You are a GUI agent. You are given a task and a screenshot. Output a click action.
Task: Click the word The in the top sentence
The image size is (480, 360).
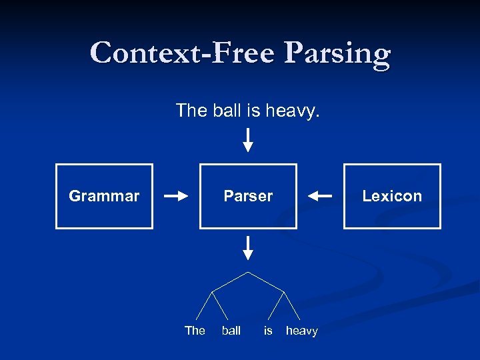click(x=191, y=110)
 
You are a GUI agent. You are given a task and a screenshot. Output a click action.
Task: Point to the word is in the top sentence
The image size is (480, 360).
click(x=253, y=110)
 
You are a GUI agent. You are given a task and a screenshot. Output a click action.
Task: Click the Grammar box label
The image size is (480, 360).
click(x=104, y=196)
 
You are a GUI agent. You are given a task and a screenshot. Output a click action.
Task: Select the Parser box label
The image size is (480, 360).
click(x=248, y=196)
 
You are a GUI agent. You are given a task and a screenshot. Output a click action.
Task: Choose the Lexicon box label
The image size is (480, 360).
click(x=392, y=196)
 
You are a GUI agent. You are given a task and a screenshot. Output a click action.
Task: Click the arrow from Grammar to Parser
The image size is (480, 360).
click(x=176, y=196)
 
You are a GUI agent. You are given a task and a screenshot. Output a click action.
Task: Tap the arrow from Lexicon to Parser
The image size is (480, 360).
click(x=320, y=196)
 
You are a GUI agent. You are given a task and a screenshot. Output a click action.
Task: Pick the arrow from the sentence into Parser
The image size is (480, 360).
click(x=248, y=140)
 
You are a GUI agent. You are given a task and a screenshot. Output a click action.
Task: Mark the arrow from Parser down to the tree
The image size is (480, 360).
click(x=248, y=247)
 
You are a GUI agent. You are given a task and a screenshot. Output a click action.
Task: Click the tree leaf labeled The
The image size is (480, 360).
click(x=195, y=331)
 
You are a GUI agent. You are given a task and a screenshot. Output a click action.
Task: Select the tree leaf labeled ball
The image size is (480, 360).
click(x=231, y=331)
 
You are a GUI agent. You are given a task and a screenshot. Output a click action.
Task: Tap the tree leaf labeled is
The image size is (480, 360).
click(x=268, y=331)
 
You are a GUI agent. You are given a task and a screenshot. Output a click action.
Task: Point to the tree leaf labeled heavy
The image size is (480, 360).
click(x=301, y=331)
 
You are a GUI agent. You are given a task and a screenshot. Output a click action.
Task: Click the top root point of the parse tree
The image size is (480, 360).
click(x=248, y=272)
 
